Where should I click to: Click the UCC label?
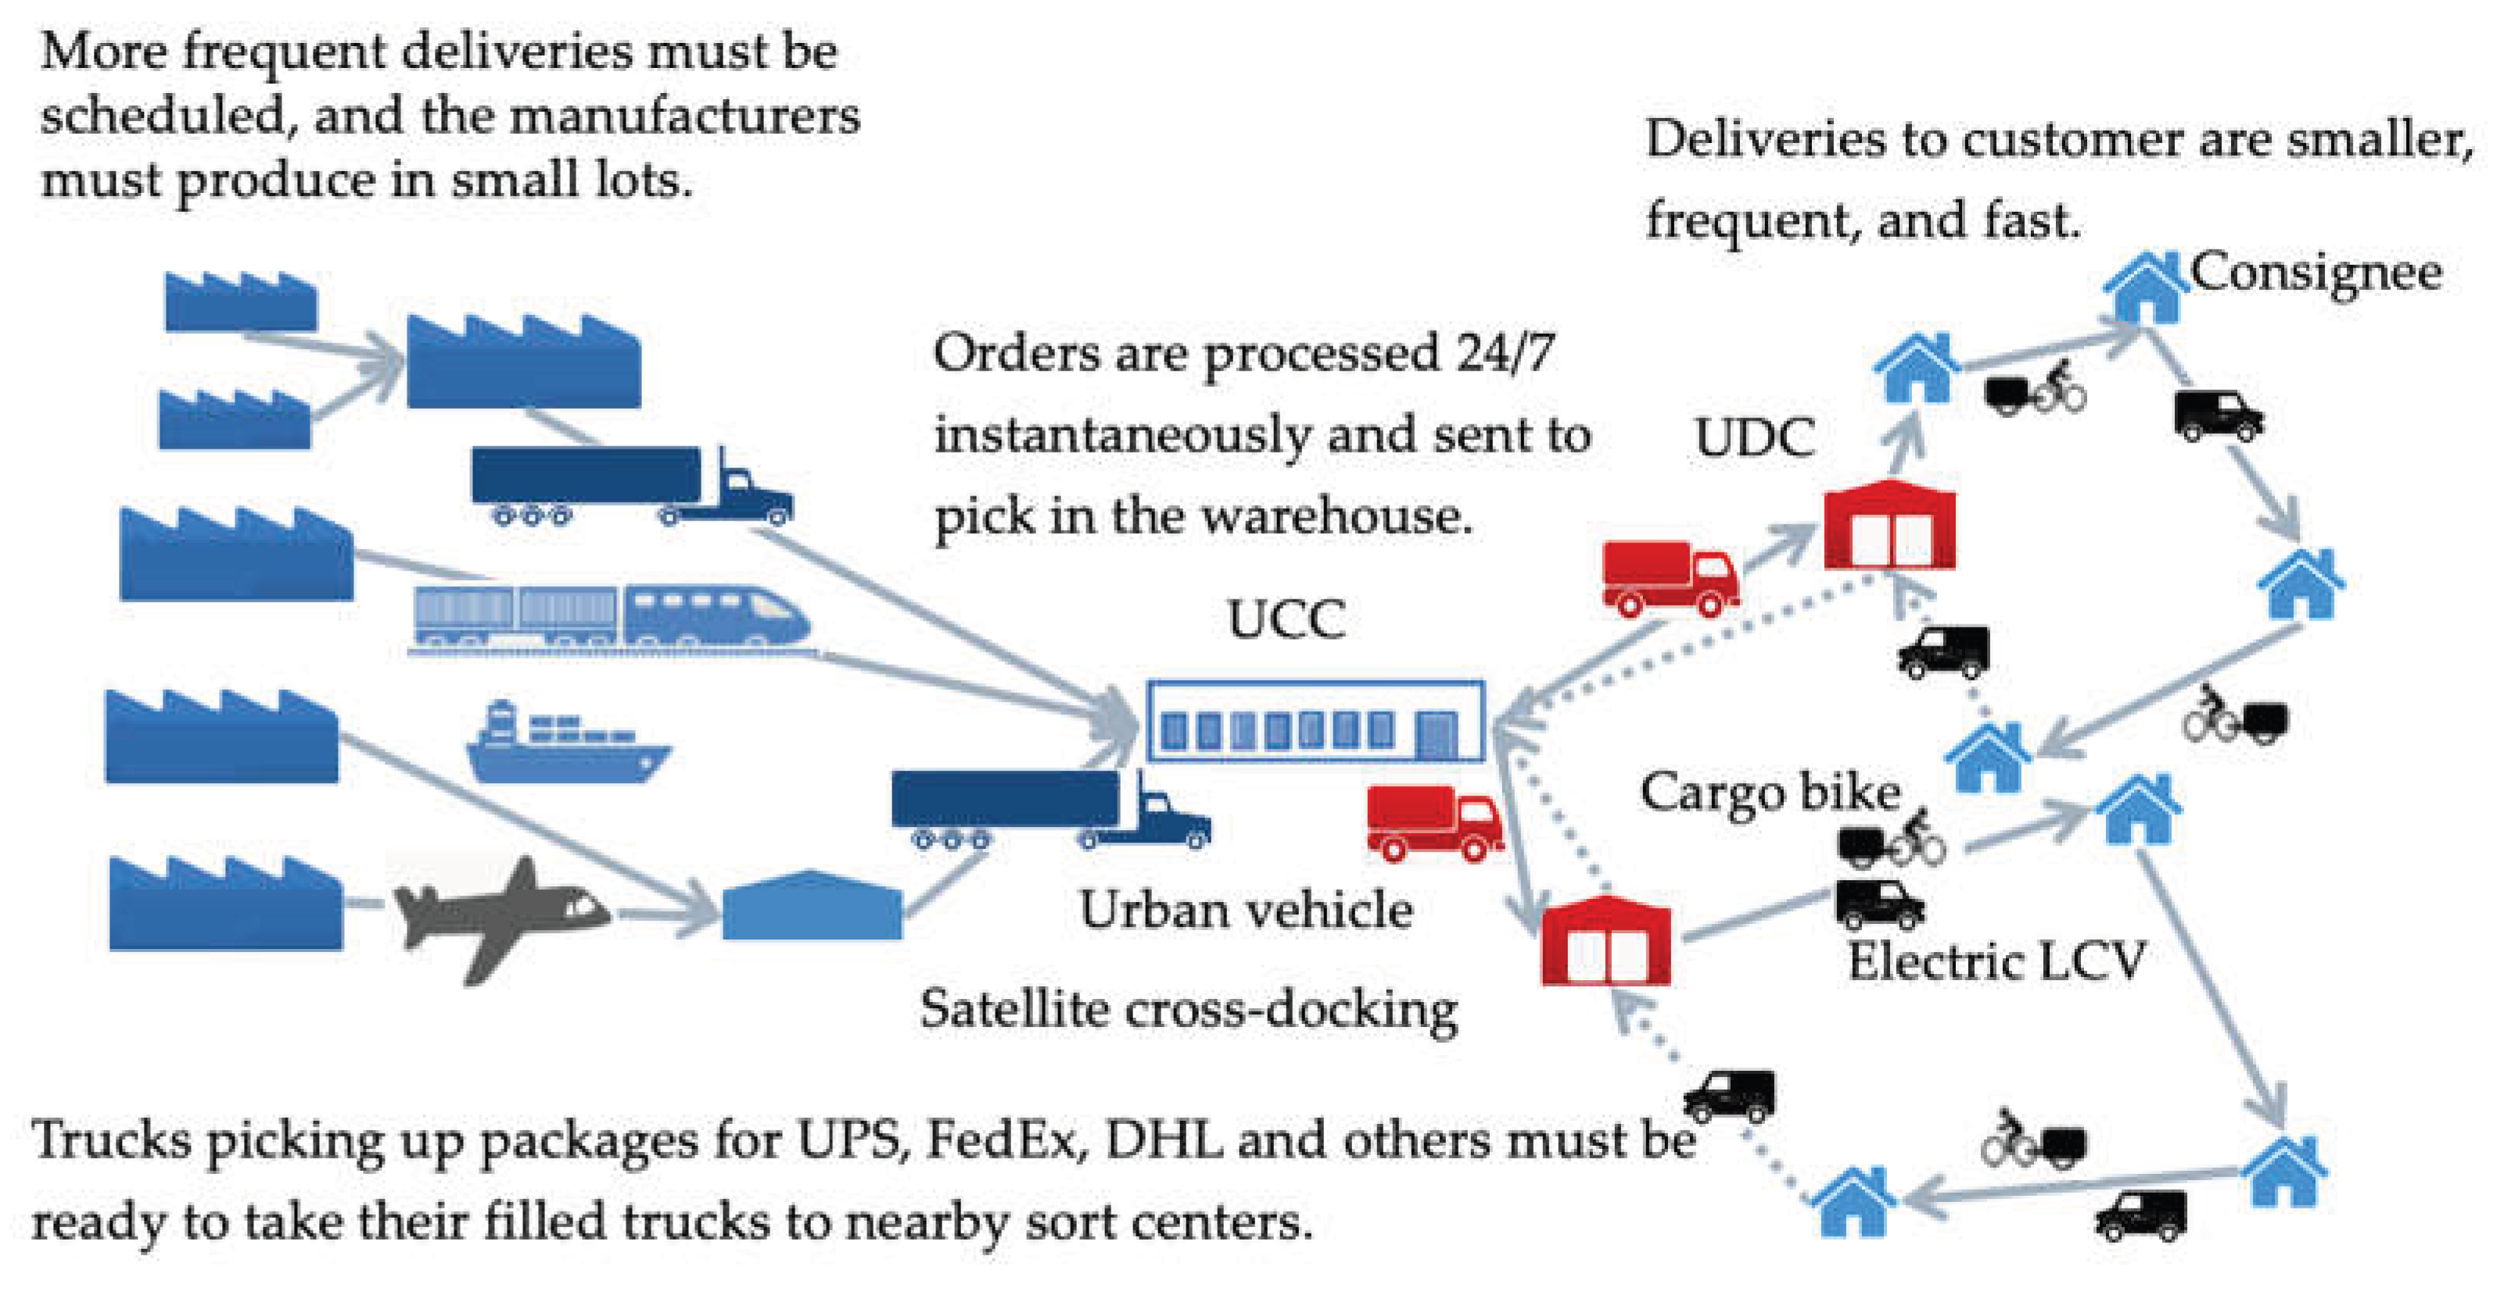click(1286, 619)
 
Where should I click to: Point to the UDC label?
click(1755, 438)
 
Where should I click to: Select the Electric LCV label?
click(1996, 961)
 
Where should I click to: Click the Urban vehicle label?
click(1246, 910)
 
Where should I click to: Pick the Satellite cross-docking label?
click(1188, 1008)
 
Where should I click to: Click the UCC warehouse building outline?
click(1316, 721)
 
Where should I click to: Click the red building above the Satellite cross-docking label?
click(1605, 940)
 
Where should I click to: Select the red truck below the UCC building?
click(1434, 823)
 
